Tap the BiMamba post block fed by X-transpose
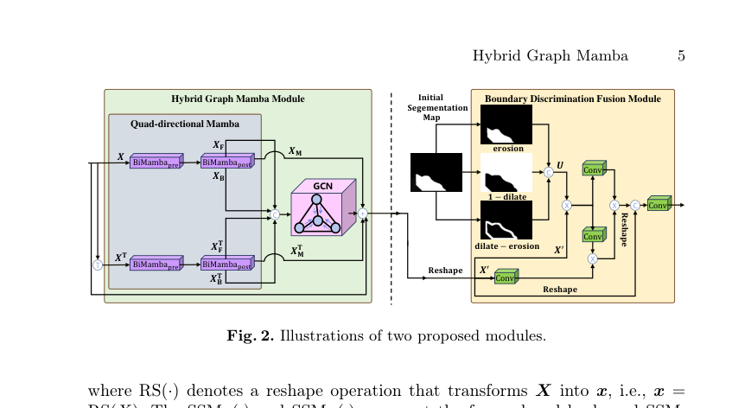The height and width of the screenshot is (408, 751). click(x=227, y=264)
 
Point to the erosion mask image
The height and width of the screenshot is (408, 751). click(x=506, y=124)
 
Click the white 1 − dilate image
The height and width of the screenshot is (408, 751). click(x=506, y=173)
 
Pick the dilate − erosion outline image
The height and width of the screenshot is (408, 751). click(x=506, y=220)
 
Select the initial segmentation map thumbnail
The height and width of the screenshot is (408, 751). click(x=436, y=172)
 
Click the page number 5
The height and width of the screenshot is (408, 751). click(x=681, y=56)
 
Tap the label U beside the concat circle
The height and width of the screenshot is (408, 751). click(x=560, y=164)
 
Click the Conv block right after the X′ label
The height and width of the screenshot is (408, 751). click(x=506, y=277)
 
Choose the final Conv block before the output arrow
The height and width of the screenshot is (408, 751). click(x=659, y=204)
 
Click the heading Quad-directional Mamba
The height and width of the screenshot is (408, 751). click(x=185, y=124)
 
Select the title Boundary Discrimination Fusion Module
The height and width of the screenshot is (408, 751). click(x=572, y=99)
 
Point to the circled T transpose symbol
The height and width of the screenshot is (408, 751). click(x=98, y=265)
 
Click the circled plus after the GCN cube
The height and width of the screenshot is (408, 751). click(x=363, y=213)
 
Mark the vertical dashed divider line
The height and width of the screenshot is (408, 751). click(x=391, y=199)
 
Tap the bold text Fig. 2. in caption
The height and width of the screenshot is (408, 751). click(x=250, y=335)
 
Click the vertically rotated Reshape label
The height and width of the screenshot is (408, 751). click(x=624, y=230)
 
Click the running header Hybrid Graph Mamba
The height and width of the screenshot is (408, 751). click(x=550, y=56)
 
